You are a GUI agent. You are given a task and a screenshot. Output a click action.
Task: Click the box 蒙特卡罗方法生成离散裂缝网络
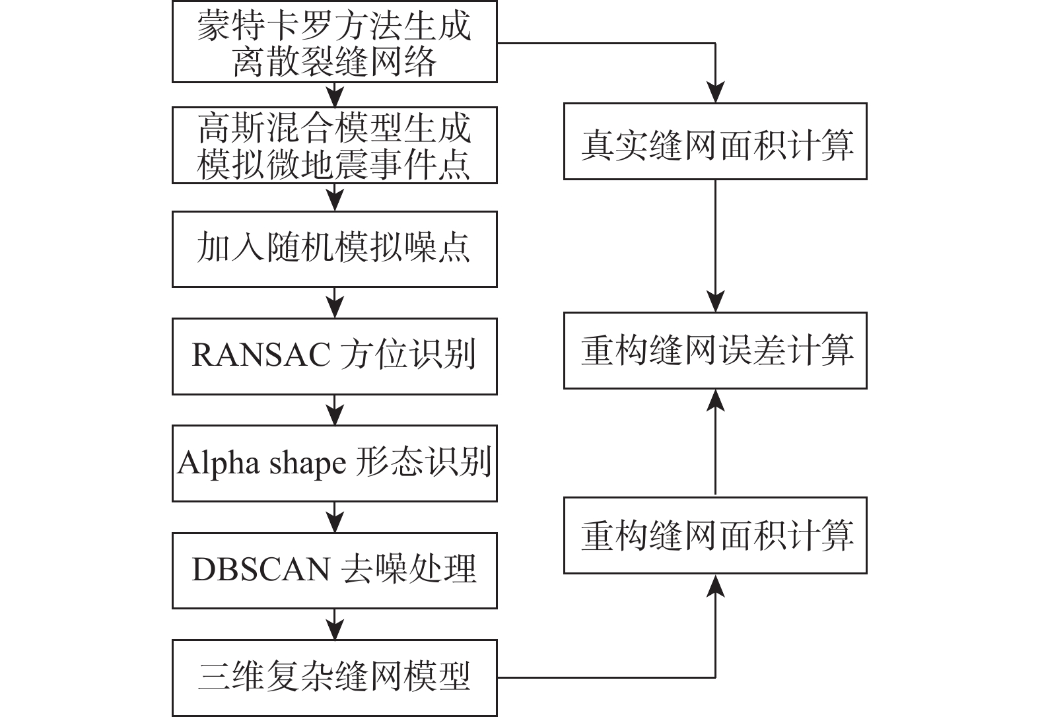tap(334, 43)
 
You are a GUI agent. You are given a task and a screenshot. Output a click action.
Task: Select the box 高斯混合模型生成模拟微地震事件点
tap(334, 145)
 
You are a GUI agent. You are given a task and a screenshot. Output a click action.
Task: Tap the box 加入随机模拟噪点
tap(334, 249)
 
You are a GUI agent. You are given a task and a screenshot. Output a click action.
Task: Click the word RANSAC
tap(261, 355)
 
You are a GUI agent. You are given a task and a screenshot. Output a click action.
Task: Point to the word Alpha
tap(218, 463)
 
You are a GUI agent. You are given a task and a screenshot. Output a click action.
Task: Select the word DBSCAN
tap(261, 569)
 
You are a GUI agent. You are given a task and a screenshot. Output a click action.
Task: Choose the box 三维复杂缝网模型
tap(334, 677)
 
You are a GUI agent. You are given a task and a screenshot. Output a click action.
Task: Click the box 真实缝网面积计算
tap(714, 141)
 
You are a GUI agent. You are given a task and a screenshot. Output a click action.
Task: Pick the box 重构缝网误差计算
tap(714, 351)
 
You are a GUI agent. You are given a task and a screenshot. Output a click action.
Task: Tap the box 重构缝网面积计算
tap(714, 535)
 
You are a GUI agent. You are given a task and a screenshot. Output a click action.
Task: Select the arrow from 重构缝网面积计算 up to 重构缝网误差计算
tap(715, 442)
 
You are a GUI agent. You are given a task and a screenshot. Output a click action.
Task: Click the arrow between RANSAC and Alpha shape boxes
tap(335, 410)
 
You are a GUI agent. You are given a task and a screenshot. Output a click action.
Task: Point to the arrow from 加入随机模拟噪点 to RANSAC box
tap(335, 302)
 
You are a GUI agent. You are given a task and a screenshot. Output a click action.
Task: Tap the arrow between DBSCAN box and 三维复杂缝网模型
tap(335, 624)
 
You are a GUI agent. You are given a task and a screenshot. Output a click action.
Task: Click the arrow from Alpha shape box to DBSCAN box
tap(335, 517)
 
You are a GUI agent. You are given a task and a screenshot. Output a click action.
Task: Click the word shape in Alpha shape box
tap(307, 464)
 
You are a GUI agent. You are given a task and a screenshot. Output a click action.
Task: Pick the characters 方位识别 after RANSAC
tap(408, 355)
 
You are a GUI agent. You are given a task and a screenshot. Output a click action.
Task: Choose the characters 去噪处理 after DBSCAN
tap(409, 569)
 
